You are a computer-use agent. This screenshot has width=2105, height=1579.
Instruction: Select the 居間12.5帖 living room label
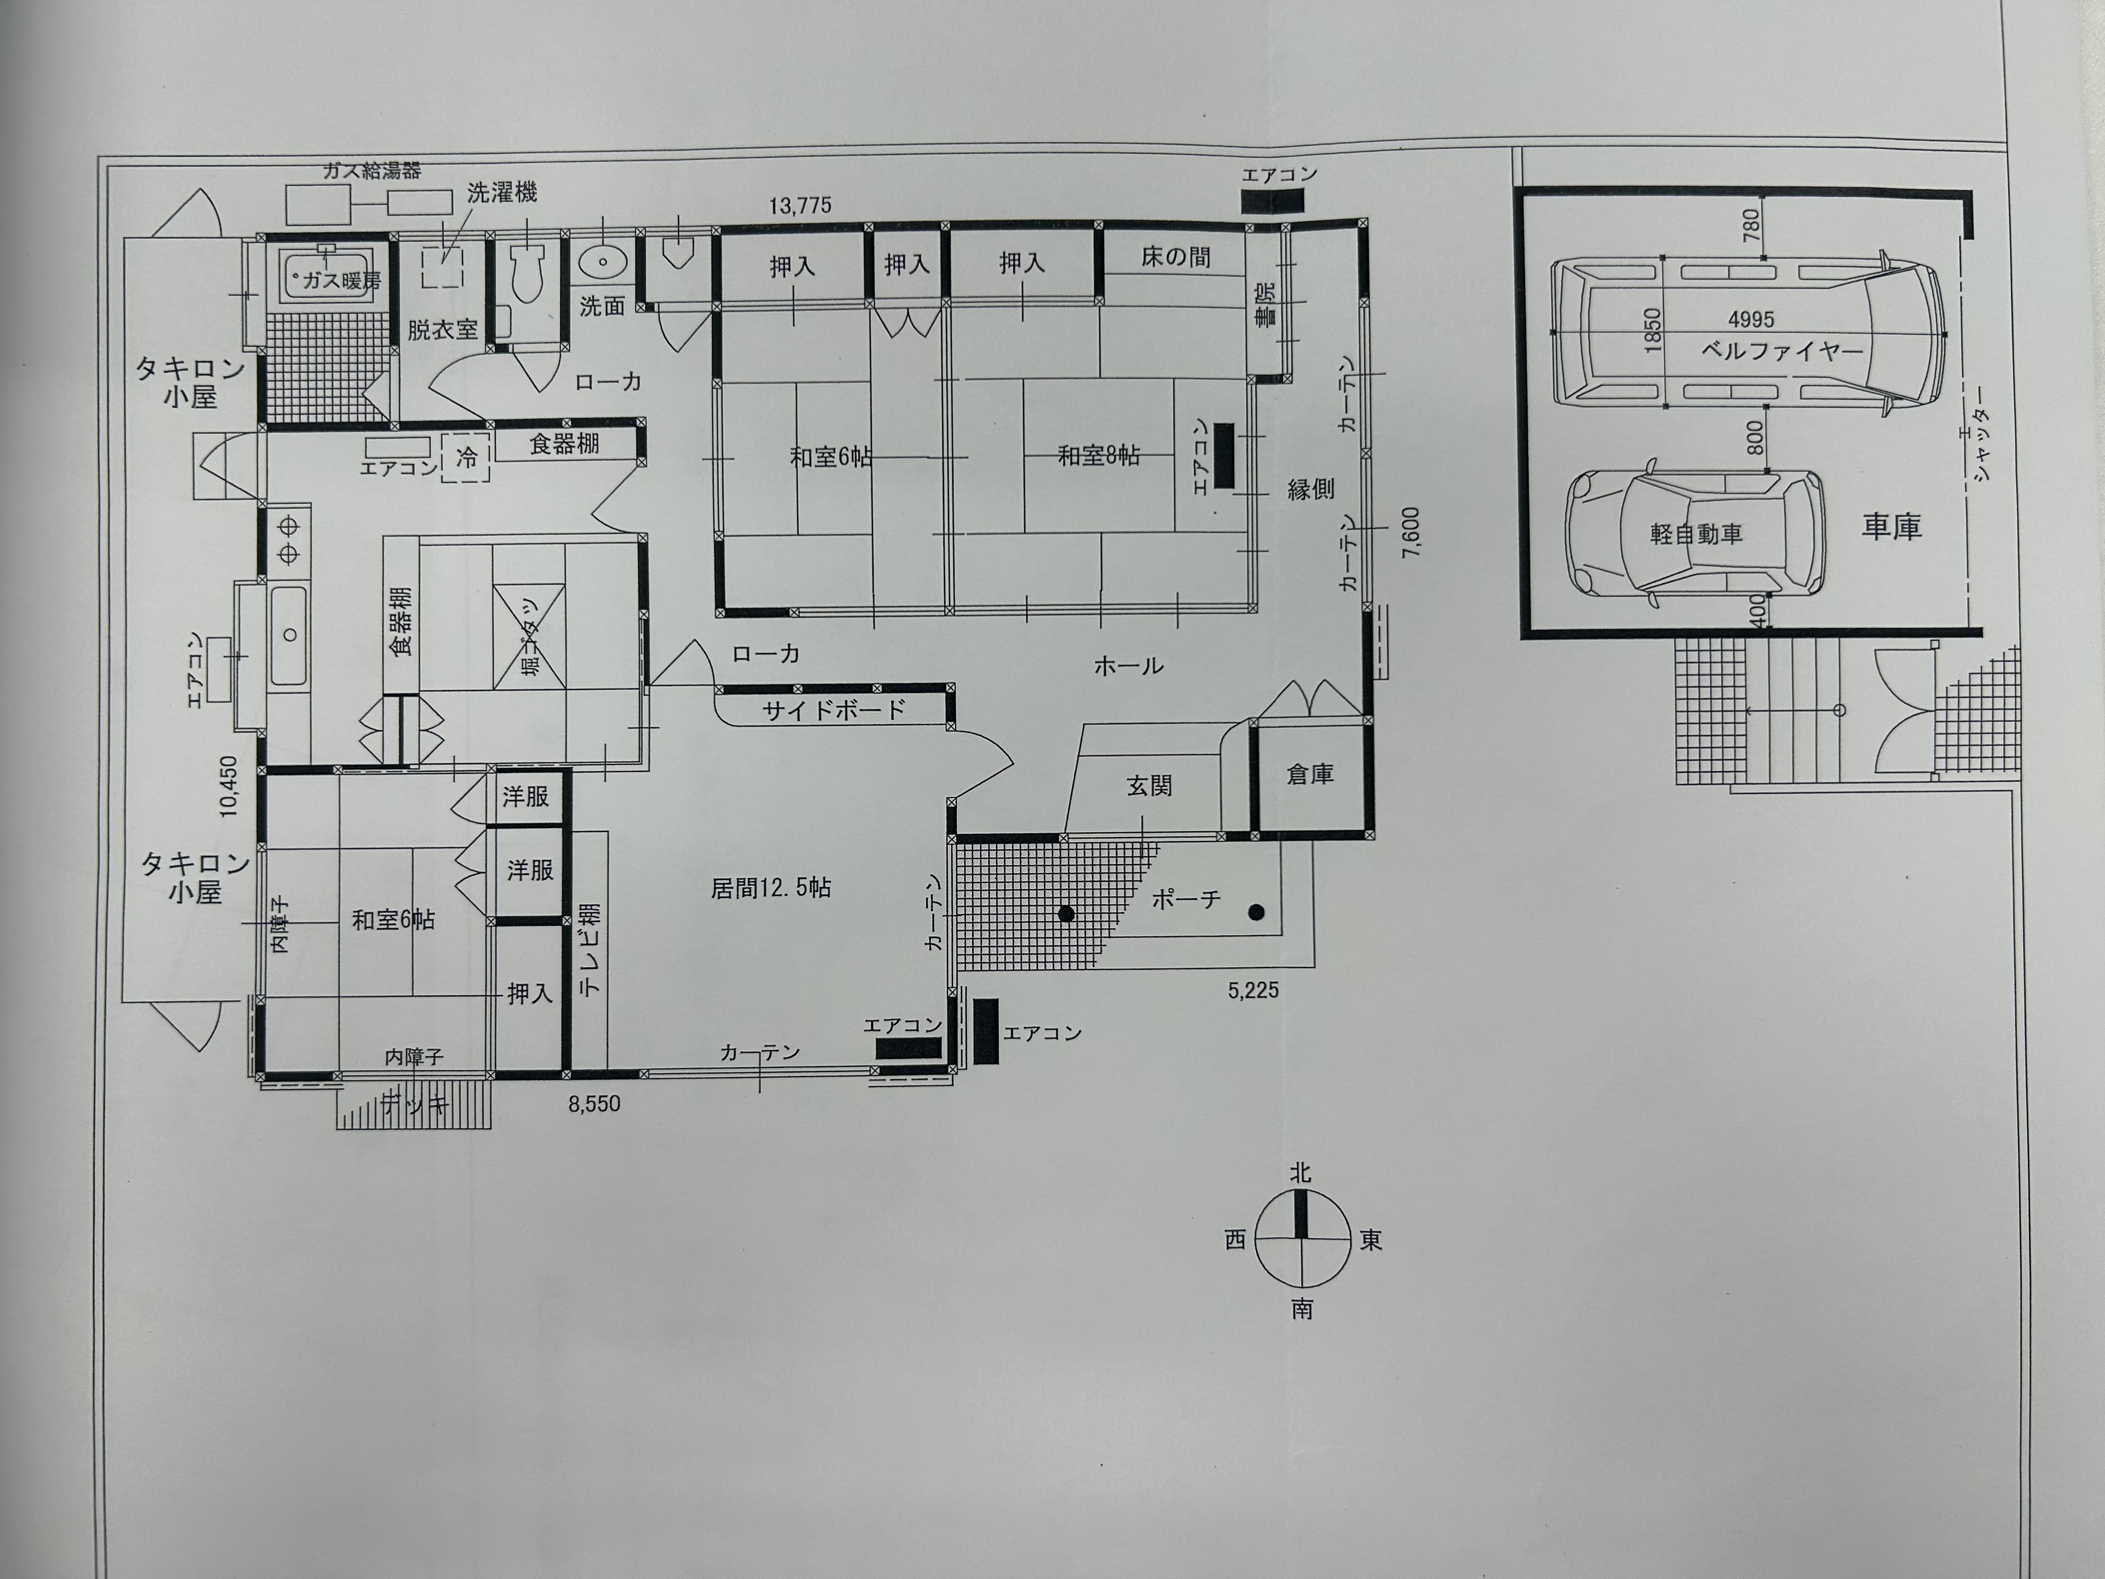(x=771, y=888)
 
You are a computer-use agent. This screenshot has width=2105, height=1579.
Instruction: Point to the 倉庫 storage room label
(x=1309, y=775)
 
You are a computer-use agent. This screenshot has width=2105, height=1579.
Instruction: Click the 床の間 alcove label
(x=1176, y=257)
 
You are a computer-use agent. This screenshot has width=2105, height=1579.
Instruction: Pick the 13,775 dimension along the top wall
(x=800, y=206)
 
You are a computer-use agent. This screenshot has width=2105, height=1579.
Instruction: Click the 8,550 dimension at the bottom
(x=595, y=1104)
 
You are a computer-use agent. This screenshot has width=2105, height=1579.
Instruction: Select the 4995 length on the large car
(x=1751, y=320)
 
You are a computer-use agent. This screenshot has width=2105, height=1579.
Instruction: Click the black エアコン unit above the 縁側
(x=1272, y=202)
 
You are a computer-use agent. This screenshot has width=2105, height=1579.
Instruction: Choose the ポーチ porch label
(x=1186, y=899)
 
